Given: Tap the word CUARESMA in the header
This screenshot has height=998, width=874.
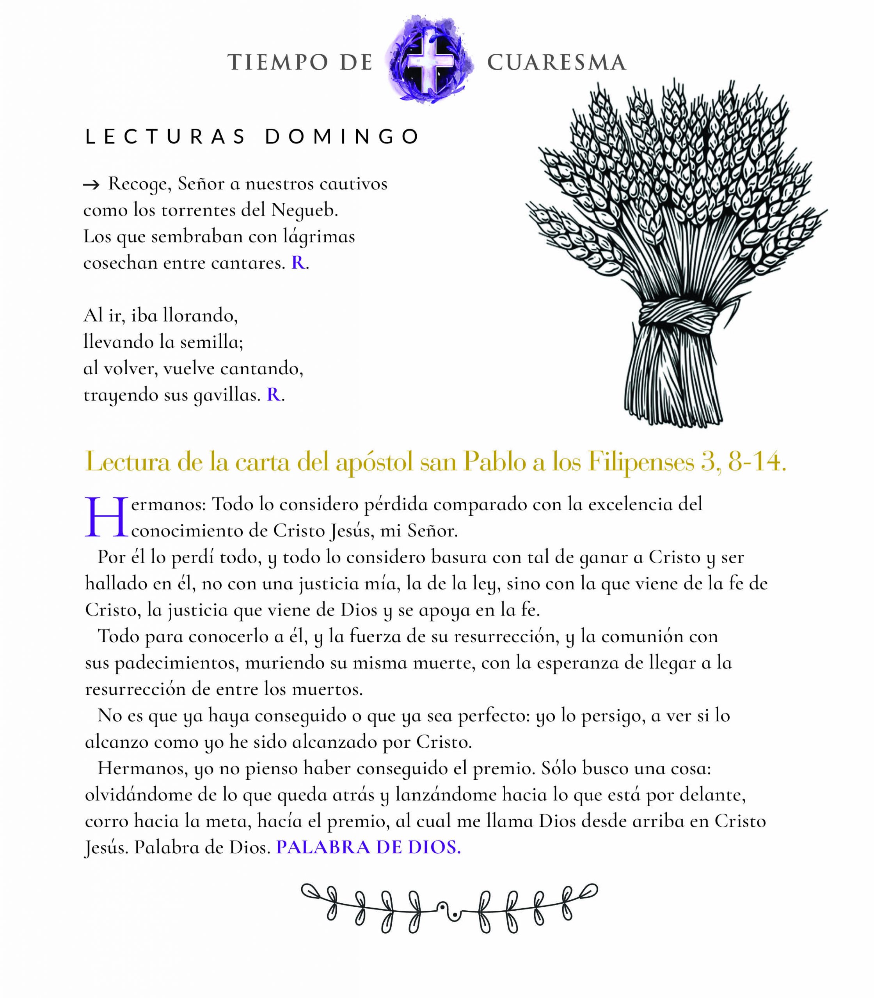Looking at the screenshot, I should [x=556, y=62].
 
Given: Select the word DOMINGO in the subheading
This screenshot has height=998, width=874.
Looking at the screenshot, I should [x=342, y=137].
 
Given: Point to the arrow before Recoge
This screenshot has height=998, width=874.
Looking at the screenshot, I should [x=91, y=185].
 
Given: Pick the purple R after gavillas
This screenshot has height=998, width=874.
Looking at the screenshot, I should [x=273, y=395].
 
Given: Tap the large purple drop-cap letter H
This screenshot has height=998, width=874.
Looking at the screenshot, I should [x=106, y=518].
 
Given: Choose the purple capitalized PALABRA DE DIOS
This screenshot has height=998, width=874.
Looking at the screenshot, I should [x=368, y=848].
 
